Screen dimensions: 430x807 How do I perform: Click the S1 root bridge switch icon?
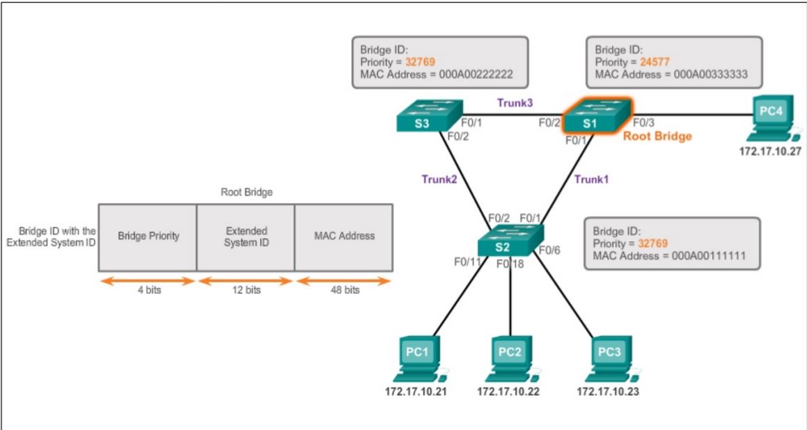click(596, 116)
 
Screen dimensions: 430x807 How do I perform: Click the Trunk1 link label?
click(591, 179)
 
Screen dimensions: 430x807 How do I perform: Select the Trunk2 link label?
click(439, 179)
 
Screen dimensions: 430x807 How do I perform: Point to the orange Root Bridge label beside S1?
click(657, 136)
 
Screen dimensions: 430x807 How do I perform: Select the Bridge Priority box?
click(148, 237)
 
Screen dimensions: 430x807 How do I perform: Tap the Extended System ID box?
click(246, 237)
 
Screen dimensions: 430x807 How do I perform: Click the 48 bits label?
click(344, 290)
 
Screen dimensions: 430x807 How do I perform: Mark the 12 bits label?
click(246, 290)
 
